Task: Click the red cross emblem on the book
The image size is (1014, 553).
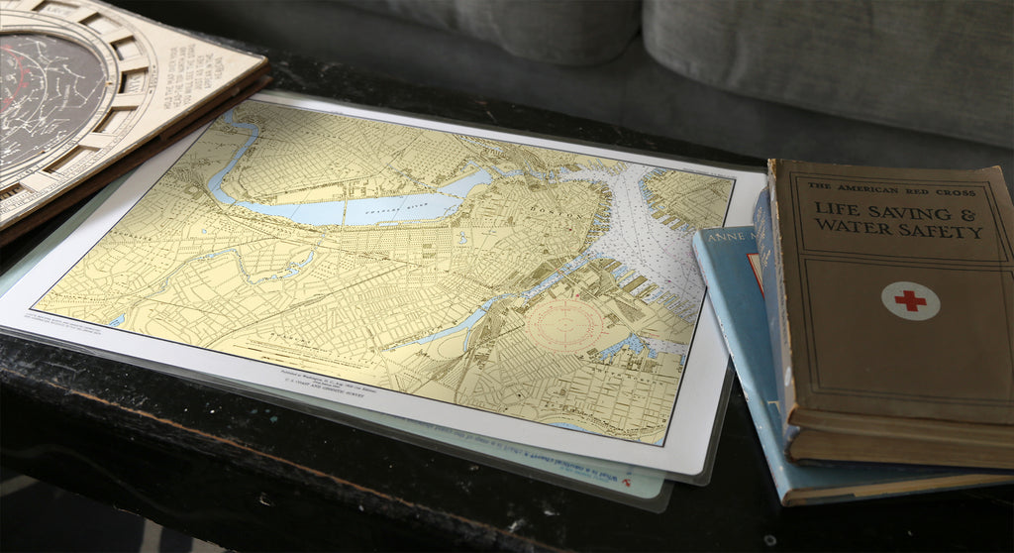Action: [910, 300]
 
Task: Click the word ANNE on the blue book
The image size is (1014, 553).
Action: [722, 240]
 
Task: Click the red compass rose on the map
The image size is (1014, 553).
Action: [564, 324]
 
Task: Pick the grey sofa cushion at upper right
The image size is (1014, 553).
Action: [832, 59]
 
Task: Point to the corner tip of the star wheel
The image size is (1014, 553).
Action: [265, 66]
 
